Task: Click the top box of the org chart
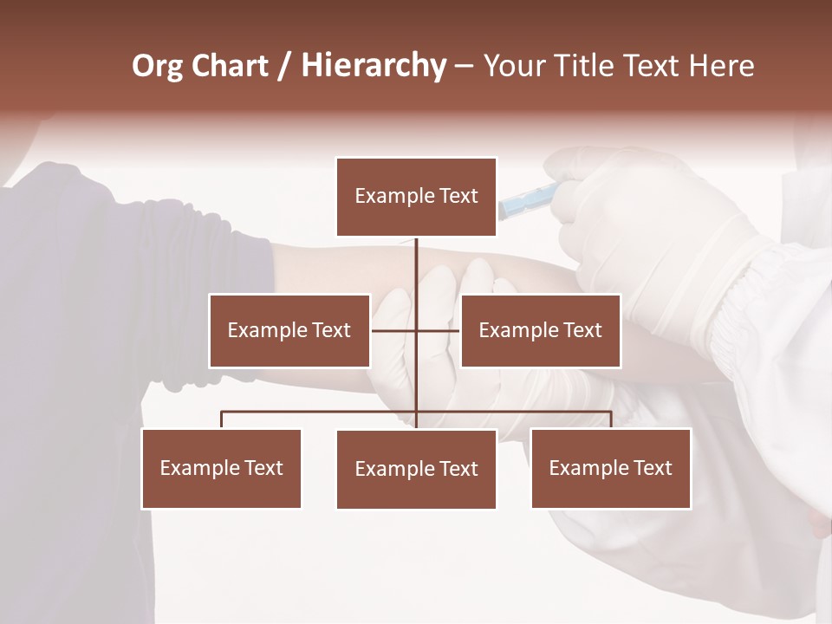pyautogui.click(x=416, y=197)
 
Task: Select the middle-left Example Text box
pyautogui.click(x=289, y=330)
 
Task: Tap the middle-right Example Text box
pyautogui.click(x=540, y=330)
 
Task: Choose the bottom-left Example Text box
pyautogui.click(x=221, y=468)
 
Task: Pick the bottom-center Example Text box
pyautogui.click(x=416, y=469)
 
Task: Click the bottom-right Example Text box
pyautogui.click(x=610, y=468)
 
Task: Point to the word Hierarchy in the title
pyautogui.click(x=374, y=66)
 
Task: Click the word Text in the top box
pyautogui.click(x=458, y=197)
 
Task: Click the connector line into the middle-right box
pyautogui.click(x=439, y=330)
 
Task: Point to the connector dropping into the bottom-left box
pyautogui.click(x=221, y=419)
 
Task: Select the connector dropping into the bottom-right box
pyautogui.click(x=611, y=419)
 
